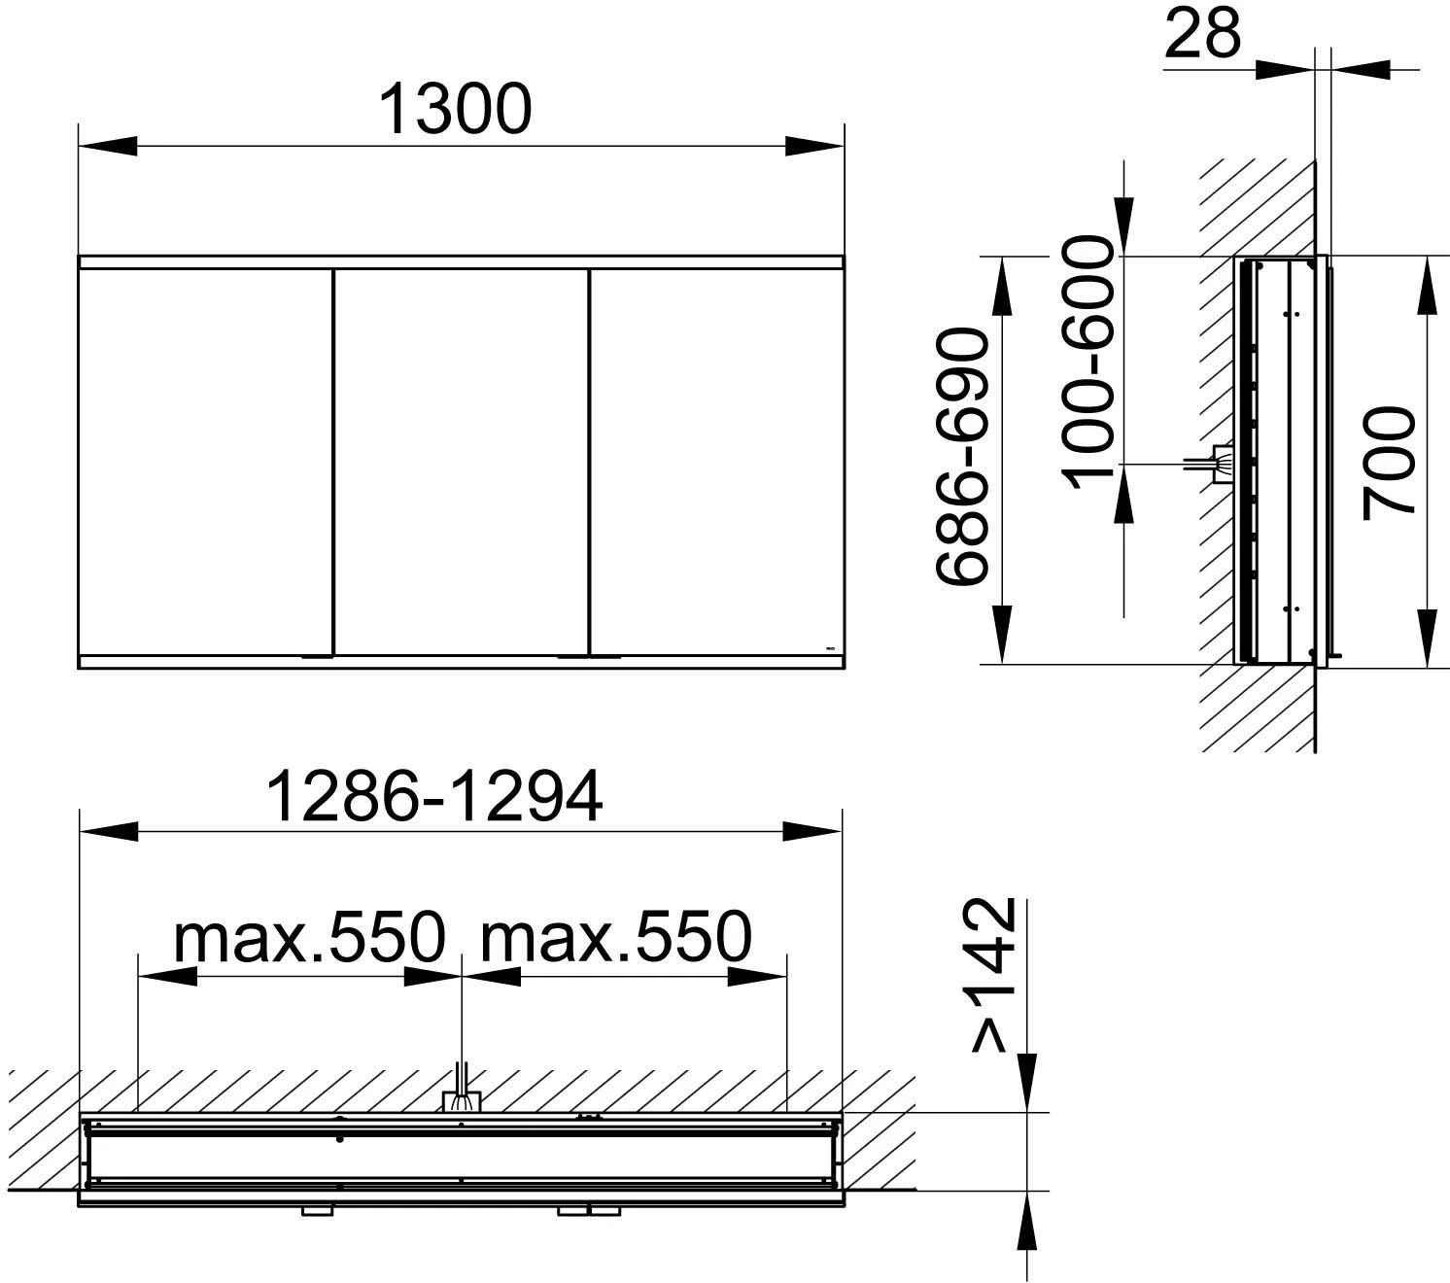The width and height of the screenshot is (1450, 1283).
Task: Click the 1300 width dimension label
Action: point(455,109)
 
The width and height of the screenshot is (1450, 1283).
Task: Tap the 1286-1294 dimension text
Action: point(434,797)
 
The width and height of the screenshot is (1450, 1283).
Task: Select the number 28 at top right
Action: point(1202,34)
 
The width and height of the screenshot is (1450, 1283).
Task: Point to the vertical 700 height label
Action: point(1389,463)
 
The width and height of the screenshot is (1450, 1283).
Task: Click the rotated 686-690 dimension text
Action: point(962,456)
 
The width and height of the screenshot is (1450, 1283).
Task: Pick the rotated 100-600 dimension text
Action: point(1087,363)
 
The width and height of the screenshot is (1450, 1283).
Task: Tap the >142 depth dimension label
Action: point(993,975)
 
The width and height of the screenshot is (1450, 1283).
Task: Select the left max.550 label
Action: point(310,937)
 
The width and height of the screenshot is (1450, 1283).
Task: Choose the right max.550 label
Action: point(616,937)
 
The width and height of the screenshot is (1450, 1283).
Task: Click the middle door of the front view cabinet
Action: point(462,462)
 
